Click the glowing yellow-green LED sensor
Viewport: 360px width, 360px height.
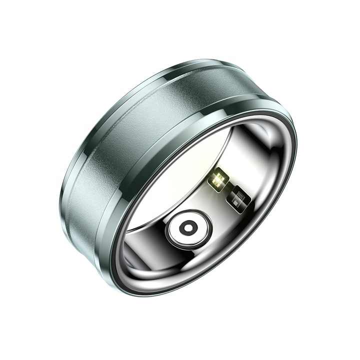pyautogui.click(x=218, y=179)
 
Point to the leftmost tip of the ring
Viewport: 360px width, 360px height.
pyautogui.click(x=59, y=200)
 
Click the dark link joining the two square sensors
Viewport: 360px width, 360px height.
pyautogui.click(x=227, y=189)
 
